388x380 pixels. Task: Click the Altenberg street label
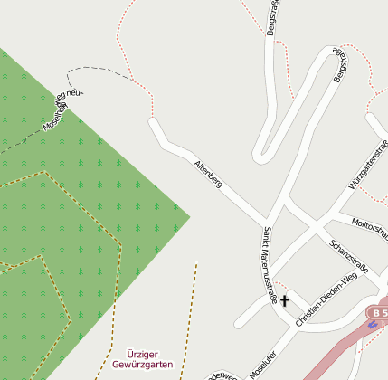(x=207, y=174)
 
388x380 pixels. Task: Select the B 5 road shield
(x=377, y=312)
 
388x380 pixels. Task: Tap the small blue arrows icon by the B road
(x=373, y=325)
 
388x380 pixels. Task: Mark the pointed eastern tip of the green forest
(x=189, y=216)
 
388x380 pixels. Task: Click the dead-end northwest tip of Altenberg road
(x=153, y=122)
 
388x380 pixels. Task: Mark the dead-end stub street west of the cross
(x=241, y=320)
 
